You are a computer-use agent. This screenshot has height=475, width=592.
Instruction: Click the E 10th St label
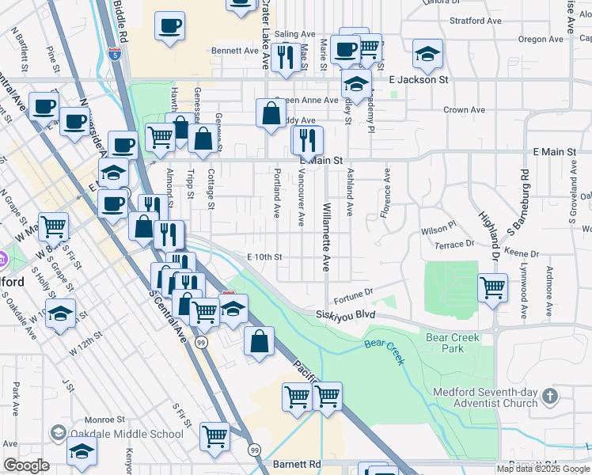(x=264, y=257)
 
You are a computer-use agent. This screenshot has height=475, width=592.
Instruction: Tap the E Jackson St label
(x=419, y=80)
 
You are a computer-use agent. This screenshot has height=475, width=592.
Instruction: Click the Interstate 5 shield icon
(x=116, y=55)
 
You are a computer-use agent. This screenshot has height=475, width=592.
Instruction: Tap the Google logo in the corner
(x=26, y=465)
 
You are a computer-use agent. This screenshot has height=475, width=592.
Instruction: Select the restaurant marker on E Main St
(x=307, y=140)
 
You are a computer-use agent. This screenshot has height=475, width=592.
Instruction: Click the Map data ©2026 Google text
(x=543, y=469)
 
